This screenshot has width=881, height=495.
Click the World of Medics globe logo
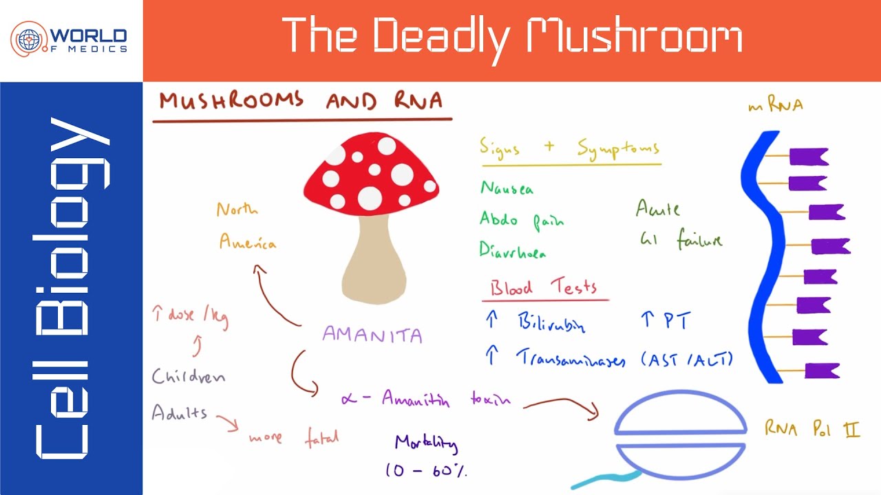click(x=28, y=38)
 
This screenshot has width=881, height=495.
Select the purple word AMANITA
click(x=372, y=335)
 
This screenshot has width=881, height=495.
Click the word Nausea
click(x=507, y=188)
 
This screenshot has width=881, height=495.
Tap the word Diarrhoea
click(x=513, y=250)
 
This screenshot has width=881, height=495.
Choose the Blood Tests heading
click(x=544, y=288)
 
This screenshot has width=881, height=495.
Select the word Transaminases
click(x=571, y=358)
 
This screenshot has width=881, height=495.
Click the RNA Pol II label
click(x=812, y=430)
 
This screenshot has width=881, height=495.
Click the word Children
click(x=189, y=377)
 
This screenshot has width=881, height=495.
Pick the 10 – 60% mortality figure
click(x=427, y=470)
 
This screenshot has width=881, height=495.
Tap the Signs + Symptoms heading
click(x=569, y=148)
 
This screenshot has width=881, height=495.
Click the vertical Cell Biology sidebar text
click(x=72, y=289)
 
